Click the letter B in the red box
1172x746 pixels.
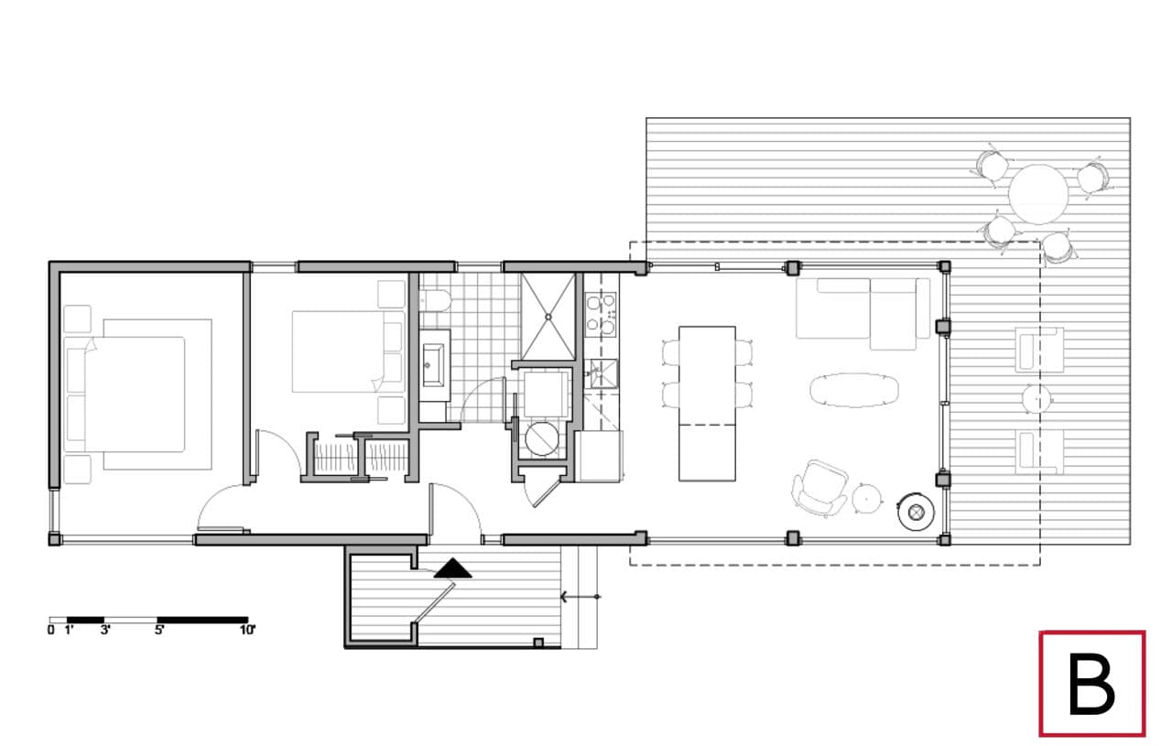1091,685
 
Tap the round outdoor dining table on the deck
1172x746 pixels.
1038,194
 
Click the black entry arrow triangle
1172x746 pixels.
452,569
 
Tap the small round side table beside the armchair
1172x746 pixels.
866,498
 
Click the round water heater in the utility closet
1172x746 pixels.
540,438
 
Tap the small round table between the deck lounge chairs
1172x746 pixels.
1037,400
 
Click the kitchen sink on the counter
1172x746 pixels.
602,371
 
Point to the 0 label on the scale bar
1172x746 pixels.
51,630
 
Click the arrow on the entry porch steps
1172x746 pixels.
579,597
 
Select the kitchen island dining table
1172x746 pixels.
707,403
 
